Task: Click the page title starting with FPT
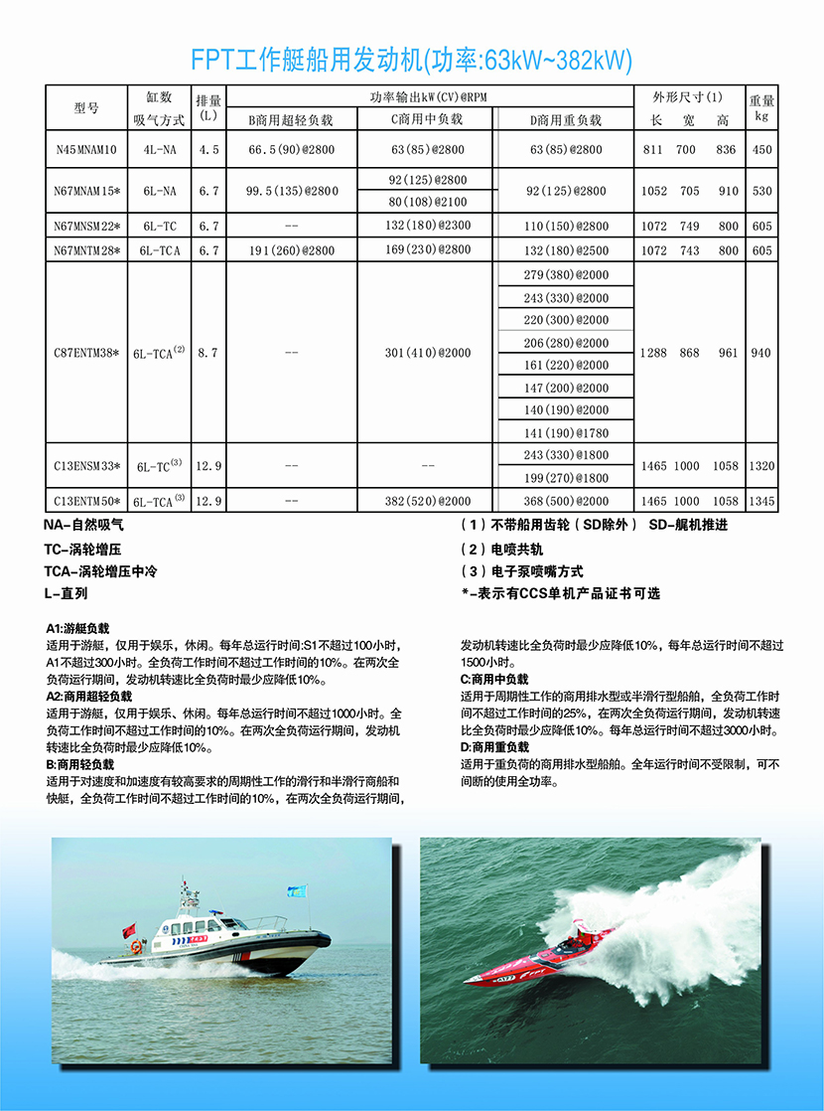click(411, 59)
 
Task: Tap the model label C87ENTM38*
click(86, 353)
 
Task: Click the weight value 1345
click(762, 501)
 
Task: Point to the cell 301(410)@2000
click(426, 353)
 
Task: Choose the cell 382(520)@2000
click(426, 501)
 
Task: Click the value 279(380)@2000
click(566, 274)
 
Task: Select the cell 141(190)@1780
click(566, 432)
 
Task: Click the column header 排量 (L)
click(208, 107)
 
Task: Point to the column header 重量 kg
click(762, 107)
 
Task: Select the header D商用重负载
click(566, 119)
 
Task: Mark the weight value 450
click(762, 150)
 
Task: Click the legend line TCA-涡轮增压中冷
click(100, 571)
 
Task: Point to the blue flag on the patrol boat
click(296, 891)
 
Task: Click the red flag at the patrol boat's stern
click(129, 931)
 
